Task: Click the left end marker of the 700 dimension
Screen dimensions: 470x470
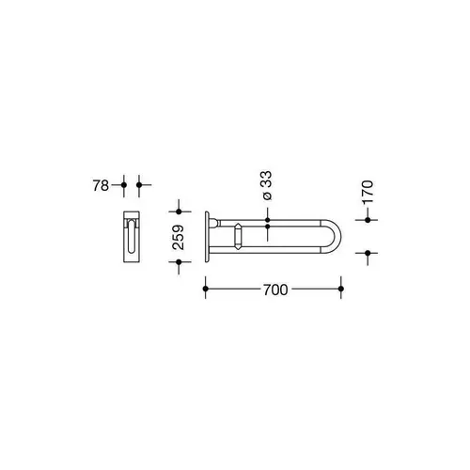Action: coord(206,290)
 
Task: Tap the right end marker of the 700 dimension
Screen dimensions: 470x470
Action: coord(341,290)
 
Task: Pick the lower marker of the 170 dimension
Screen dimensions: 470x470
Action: coord(368,252)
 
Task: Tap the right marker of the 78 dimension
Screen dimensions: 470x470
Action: coord(139,185)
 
